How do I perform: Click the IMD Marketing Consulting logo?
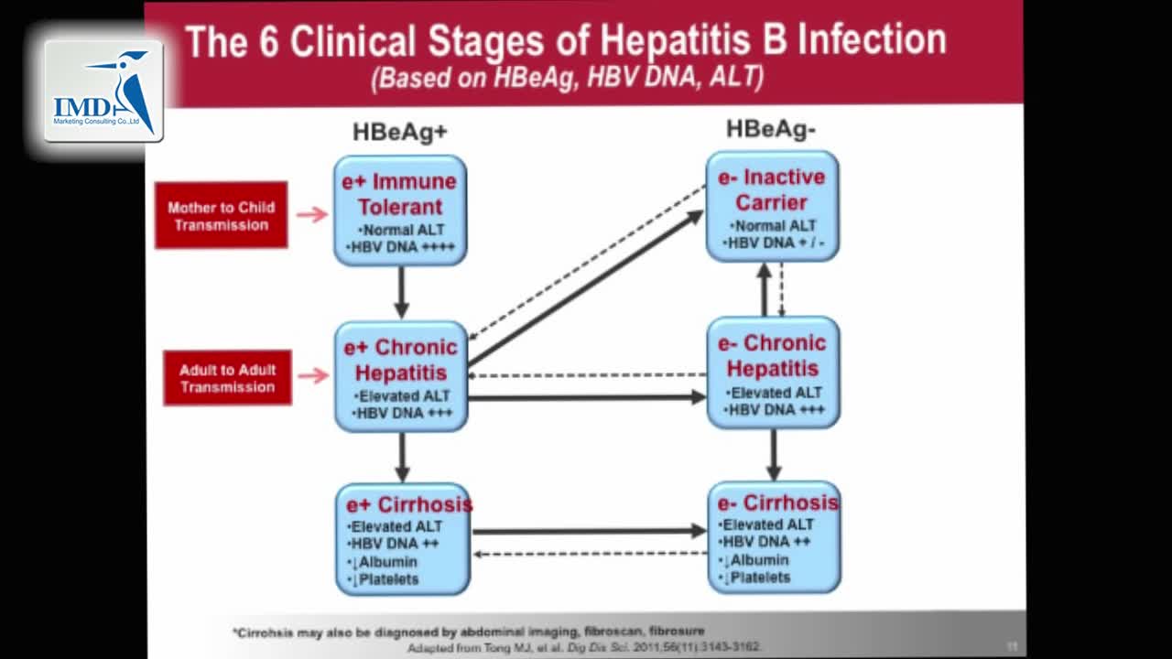click(103, 91)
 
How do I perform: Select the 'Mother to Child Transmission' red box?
click(221, 215)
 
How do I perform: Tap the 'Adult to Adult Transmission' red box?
click(227, 377)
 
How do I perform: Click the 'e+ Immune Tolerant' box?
click(400, 211)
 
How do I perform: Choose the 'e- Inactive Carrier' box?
click(772, 207)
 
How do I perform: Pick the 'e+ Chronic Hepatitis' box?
click(401, 376)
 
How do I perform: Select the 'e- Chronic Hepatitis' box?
click(773, 373)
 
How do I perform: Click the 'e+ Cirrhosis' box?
click(403, 540)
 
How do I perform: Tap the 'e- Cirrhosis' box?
click(774, 537)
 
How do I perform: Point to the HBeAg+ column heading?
click(400, 133)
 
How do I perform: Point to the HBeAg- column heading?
click(770, 129)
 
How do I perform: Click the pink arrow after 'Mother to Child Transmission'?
click(312, 214)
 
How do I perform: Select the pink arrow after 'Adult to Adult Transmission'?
click(313, 375)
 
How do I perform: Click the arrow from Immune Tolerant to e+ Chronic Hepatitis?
click(401, 293)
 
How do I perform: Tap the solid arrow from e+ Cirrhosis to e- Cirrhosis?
click(589, 531)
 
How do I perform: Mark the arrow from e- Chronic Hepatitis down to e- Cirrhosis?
click(774, 455)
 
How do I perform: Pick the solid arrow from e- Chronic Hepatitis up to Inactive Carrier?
click(765, 289)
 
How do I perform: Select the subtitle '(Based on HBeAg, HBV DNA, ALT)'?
click(568, 77)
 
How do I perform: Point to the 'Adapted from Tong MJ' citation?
click(584, 646)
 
